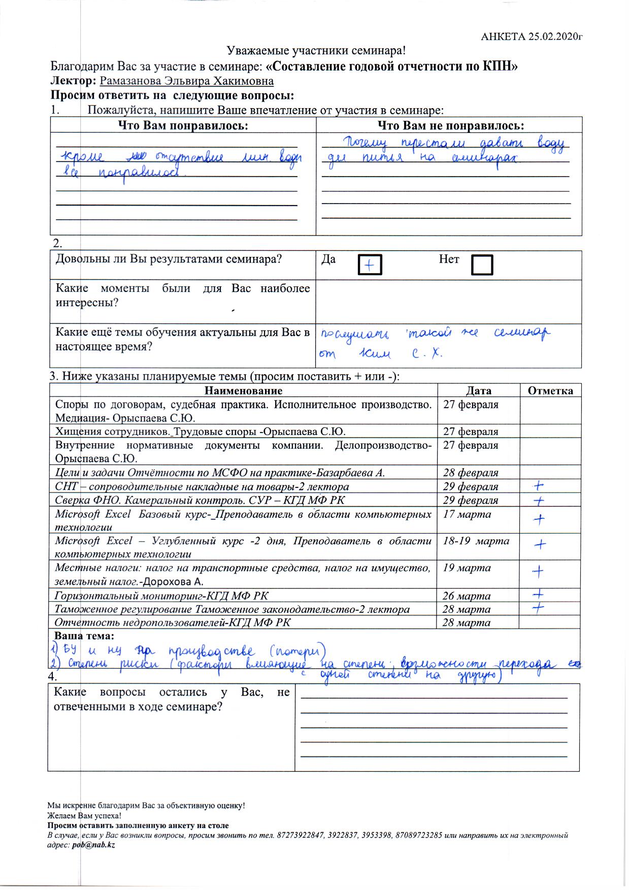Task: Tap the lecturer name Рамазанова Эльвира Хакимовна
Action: click(186, 81)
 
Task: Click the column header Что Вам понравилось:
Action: click(183, 125)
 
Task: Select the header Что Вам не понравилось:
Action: click(450, 125)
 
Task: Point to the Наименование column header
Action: click(243, 390)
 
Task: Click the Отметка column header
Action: click(550, 390)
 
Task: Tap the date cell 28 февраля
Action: click(471, 472)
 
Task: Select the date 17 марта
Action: click(467, 514)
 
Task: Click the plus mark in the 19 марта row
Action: click(538, 572)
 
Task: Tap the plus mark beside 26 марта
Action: click(538, 594)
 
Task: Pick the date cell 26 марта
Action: click(466, 596)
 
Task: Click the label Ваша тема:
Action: click(84, 636)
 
